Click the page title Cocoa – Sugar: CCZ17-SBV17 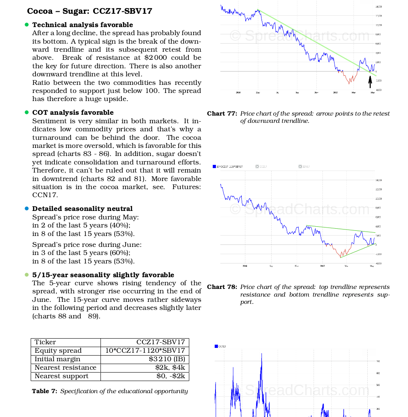(90, 11)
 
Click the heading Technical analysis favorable (82, 25)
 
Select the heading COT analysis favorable (73, 112)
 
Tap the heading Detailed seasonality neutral (82, 208)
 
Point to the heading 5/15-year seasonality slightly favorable (103, 275)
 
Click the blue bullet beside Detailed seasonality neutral (27, 208)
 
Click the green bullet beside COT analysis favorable (27, 112)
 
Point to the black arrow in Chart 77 (370, 82)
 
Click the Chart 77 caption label (222, 114)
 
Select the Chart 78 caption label (222, 287)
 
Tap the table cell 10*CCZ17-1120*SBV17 (145, 351)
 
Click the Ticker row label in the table (45, 342)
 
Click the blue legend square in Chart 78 (214, 166)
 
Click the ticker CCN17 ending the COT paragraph (45, 195)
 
